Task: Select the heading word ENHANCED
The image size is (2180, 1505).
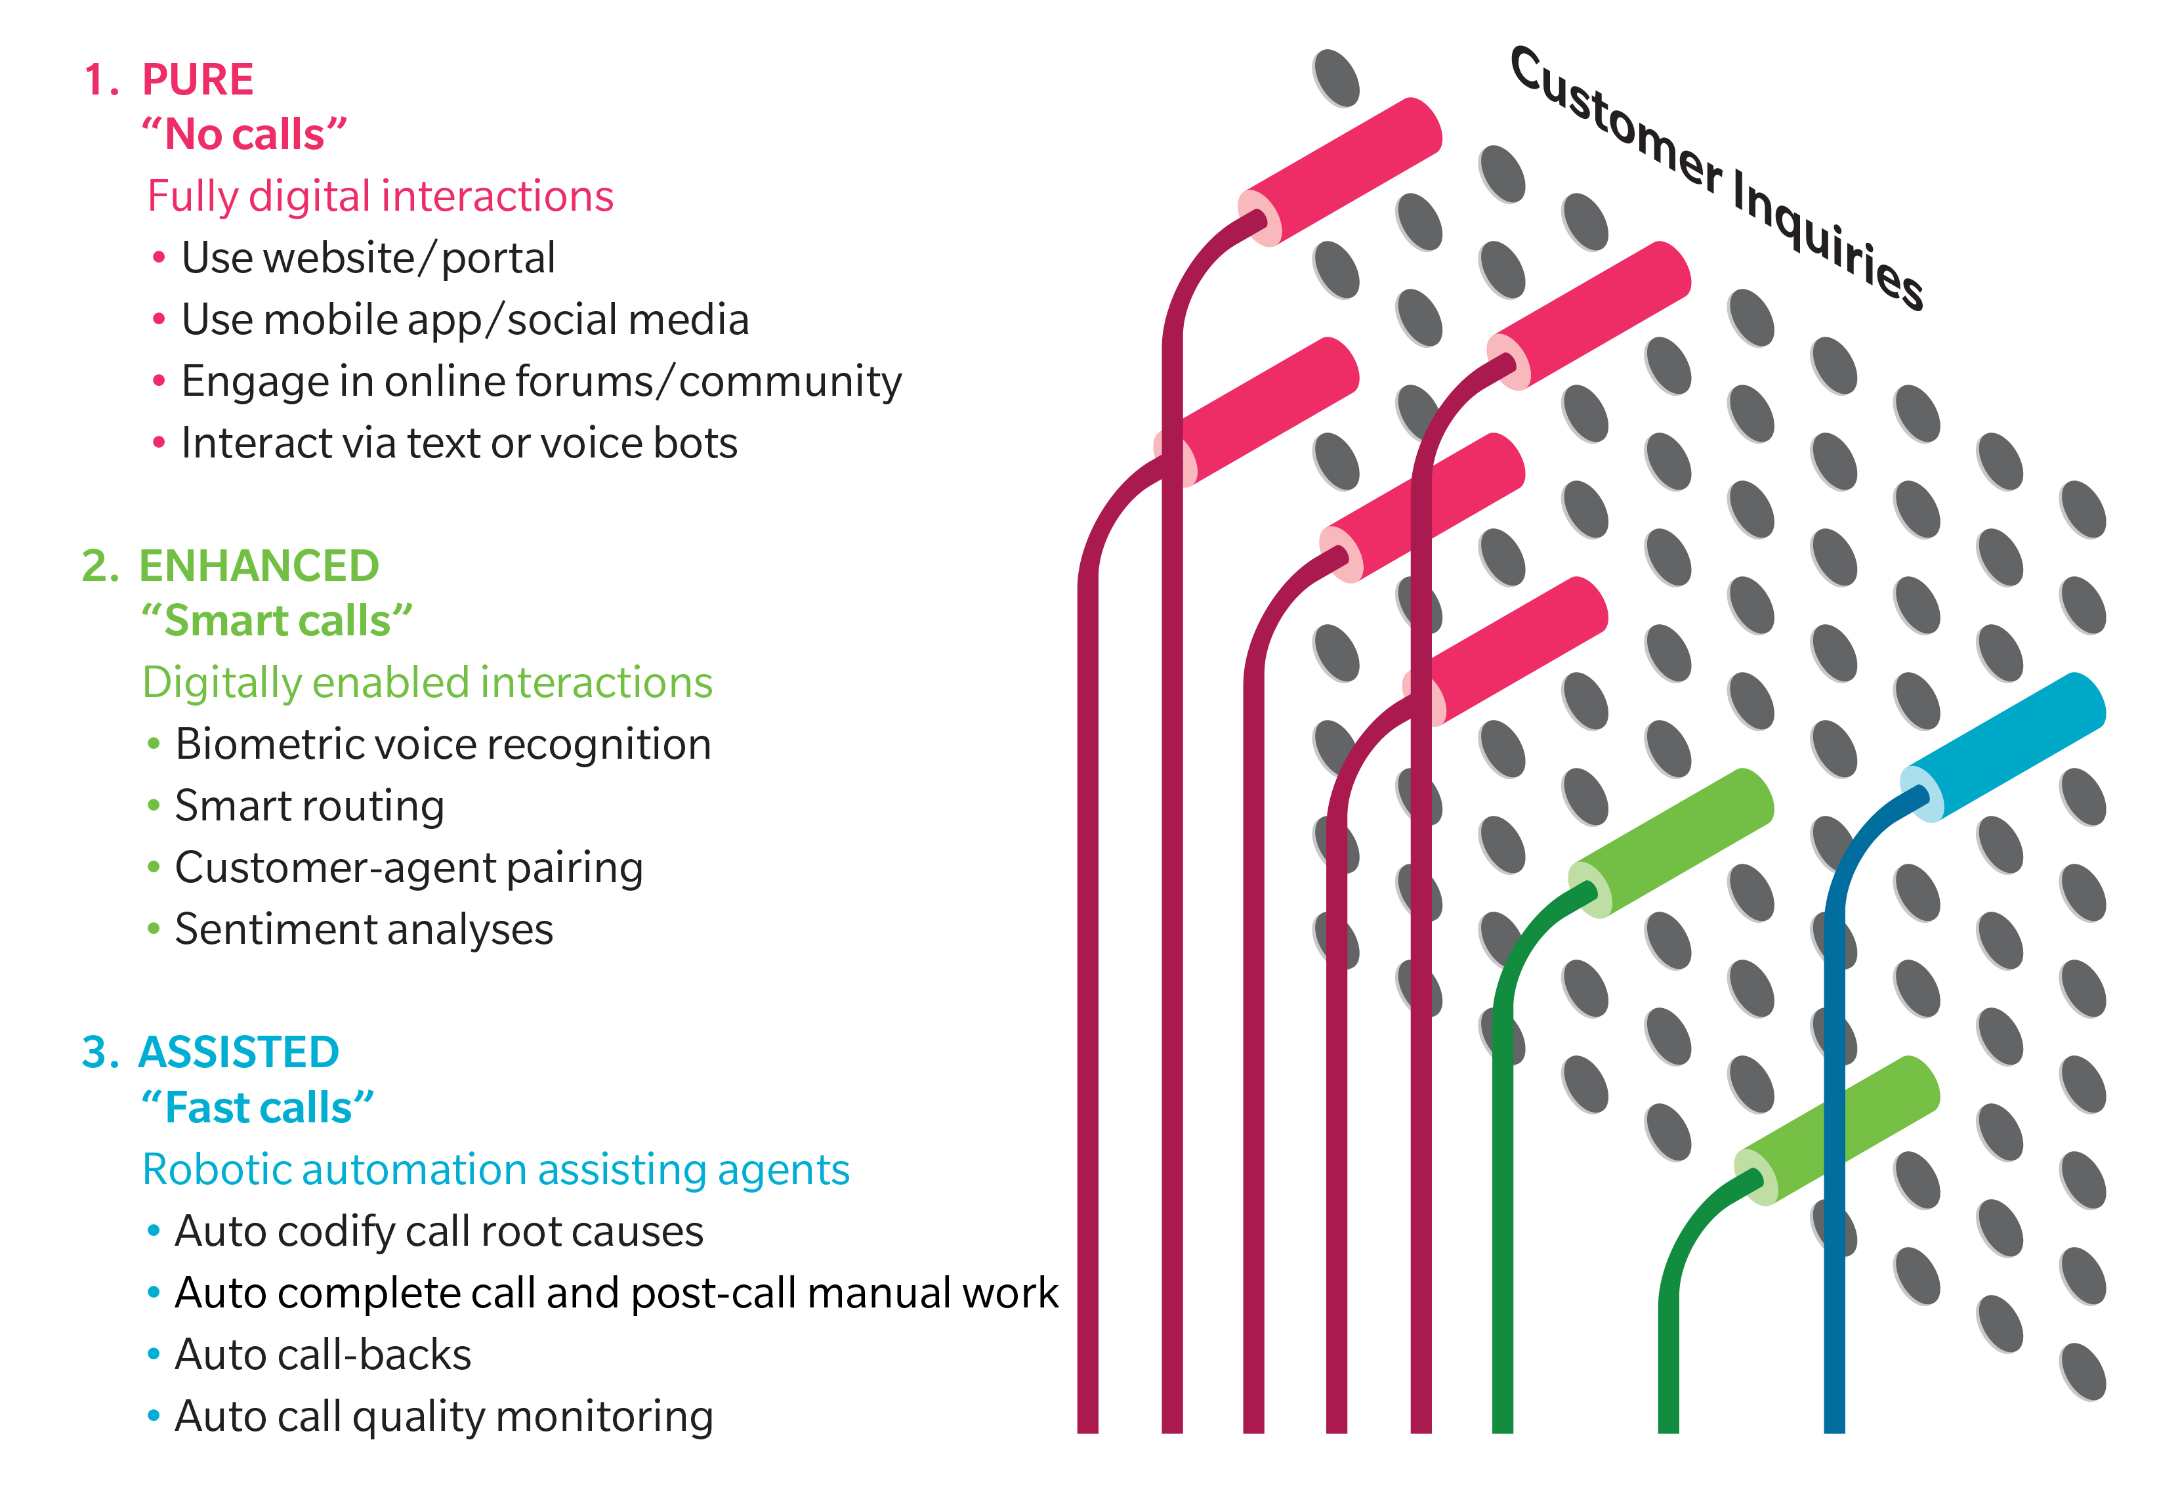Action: pos(259,566)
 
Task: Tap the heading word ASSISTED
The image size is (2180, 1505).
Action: pos(239,1052)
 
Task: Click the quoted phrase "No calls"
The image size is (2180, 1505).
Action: pos(244,135)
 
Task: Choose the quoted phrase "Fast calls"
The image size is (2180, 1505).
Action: pos(257,1108)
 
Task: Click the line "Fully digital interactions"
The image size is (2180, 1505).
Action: pos(380,197)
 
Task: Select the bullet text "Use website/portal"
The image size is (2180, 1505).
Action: pos(367,259)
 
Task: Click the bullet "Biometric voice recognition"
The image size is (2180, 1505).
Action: pos(443,745)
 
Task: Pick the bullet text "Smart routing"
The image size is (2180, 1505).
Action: pos(309,806)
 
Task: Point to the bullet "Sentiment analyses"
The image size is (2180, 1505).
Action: pos(364,930)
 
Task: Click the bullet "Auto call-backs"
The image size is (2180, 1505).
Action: pos(322,1355)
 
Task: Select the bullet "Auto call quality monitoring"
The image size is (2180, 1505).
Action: pos(443,1416)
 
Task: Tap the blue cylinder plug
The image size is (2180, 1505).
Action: pos(2003,745)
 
